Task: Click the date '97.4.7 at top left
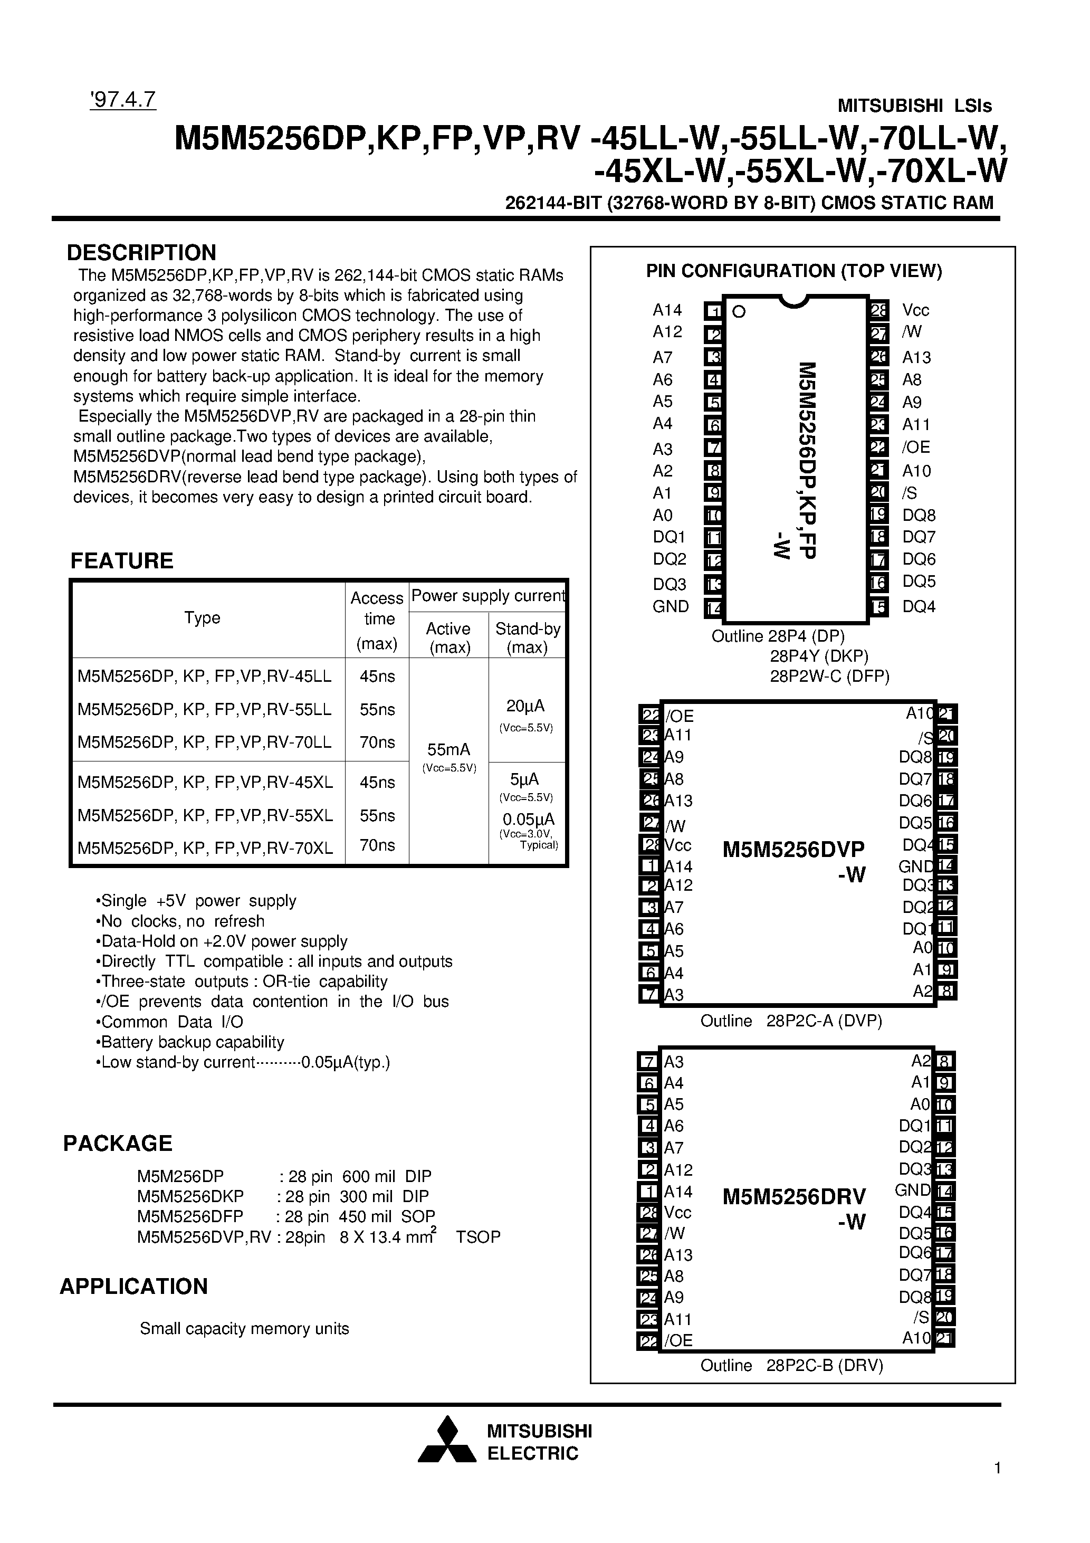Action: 122,99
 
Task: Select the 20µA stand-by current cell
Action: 525,706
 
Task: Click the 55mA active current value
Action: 449,749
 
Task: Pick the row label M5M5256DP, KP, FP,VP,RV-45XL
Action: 205,782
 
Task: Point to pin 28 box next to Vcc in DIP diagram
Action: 879,310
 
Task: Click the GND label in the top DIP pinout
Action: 670,607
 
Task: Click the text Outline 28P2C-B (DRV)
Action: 791,1366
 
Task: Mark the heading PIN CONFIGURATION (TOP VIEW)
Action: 793,271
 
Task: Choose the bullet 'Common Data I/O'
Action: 171,1022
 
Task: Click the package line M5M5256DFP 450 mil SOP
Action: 285,1216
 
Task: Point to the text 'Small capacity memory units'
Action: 245,1329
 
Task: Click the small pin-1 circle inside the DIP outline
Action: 739,312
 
